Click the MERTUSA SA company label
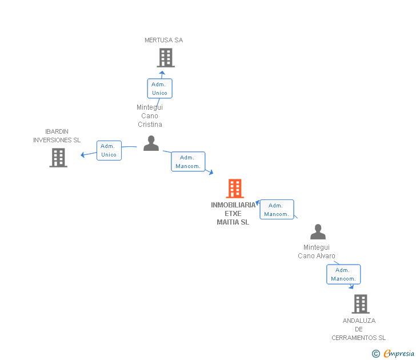click(163, 40)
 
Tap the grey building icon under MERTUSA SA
click(166, 57)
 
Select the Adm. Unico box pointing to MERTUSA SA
click(159, 89)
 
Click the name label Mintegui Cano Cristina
click(150, 115)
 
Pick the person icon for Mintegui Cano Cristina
click(151, 143)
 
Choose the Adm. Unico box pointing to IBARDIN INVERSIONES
click(109, 150)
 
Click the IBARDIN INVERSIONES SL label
click(57, 135)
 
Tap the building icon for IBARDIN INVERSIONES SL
click(58, 158)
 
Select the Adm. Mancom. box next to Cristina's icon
click(188, 162)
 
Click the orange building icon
click(235, 188)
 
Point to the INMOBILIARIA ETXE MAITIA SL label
click(233, 214)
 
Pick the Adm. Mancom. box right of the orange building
click(277, 210)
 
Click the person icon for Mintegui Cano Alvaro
click(318, 232)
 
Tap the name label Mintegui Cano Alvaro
click(317, 251)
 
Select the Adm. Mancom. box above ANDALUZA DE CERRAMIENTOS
click(343, 274)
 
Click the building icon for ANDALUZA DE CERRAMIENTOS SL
click(360, 304)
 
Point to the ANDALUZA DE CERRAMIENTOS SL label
click(359, 329)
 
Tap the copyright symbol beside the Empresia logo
click(376, 354)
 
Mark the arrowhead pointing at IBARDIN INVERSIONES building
click(83, 155)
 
